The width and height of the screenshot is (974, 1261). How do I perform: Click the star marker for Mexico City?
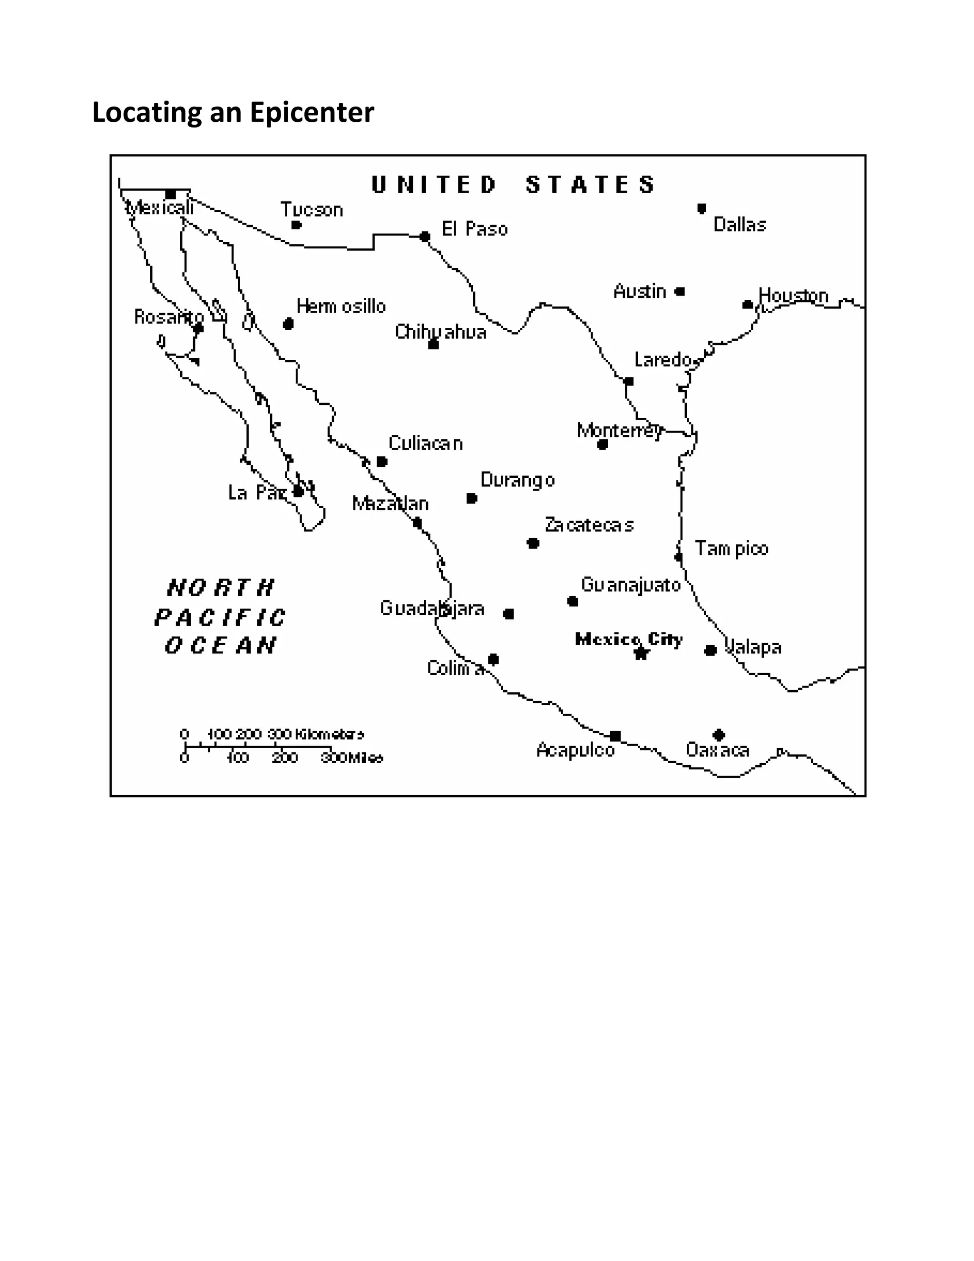click(x=641, y=653)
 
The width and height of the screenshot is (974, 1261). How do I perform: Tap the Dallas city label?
click(x=739, y=225)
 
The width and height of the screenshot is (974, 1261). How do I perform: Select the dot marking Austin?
click(x=680, y=292)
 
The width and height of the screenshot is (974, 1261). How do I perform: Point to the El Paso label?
click(x=474, y=229)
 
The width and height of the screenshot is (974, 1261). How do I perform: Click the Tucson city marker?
click(x=296, y=225)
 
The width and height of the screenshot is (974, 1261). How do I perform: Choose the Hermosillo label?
click(x=341, y=306)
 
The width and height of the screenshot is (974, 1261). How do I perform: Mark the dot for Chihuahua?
click(x=433, y=345)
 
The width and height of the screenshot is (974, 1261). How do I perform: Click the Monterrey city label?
click(x=619, y=430)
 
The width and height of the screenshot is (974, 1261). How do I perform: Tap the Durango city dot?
click(x=471, y=498)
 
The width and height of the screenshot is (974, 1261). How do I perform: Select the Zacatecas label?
click(x=589, y=525)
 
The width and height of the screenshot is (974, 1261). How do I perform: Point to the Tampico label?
click(x=731, y=549)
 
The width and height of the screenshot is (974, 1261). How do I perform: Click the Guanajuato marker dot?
click(x=573, y=601)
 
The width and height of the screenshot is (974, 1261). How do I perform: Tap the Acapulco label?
click(x=575, y=750)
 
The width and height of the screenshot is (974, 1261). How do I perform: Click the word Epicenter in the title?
click(x=312, y=113)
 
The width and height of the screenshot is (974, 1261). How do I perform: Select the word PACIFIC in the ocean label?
click(x=220, y=618)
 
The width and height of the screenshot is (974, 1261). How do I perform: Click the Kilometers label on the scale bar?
click(x=330, y=734)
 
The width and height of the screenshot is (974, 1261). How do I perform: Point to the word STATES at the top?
click(x=590, y=185)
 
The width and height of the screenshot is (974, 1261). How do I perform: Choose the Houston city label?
click(x=793, y=295)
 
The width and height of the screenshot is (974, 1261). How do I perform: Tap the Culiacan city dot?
click(x=381, y=461)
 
